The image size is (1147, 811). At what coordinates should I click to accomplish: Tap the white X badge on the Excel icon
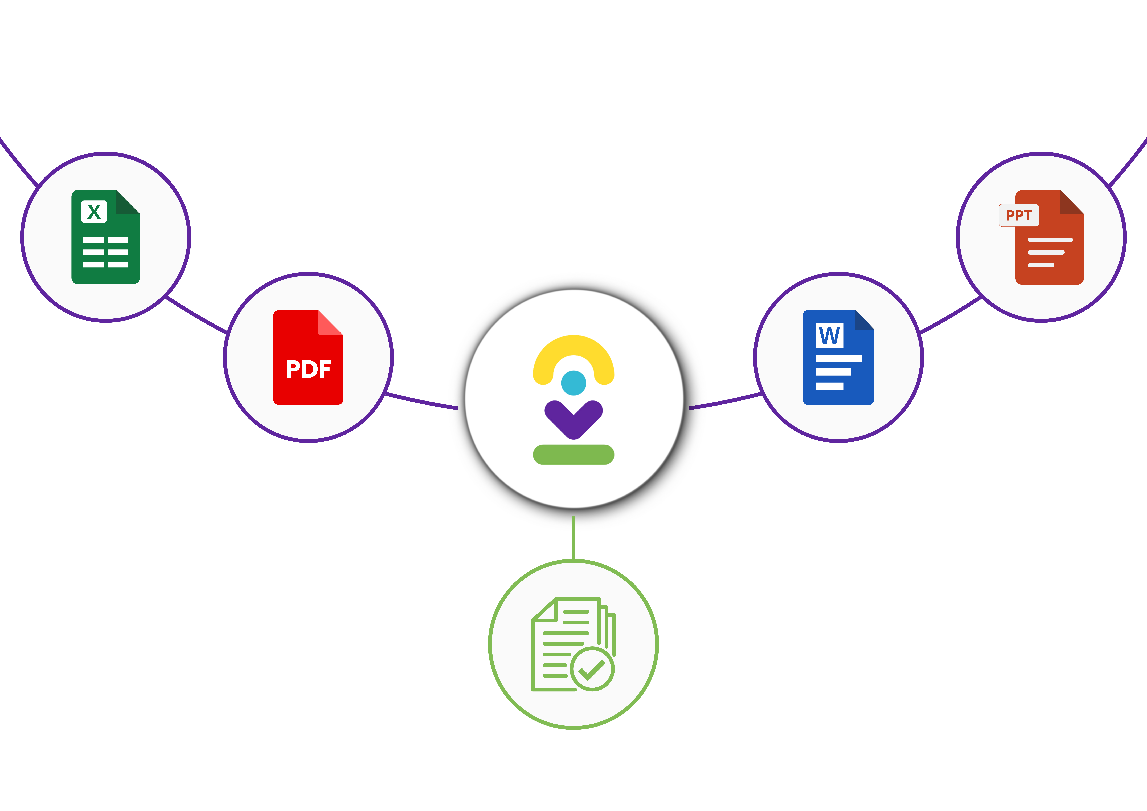[x=94, y=211]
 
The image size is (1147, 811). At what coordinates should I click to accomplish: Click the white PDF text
[x=308, y=369]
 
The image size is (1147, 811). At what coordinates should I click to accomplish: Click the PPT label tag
[x=1019, y=215]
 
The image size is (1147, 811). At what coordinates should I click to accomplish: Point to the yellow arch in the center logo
[x=573, y=350]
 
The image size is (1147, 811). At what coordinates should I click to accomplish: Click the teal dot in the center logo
[x=573, y=383]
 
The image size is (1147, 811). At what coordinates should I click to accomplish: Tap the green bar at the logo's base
[x=573, y=455]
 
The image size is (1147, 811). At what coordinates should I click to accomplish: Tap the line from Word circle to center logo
[x=724, y=402]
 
